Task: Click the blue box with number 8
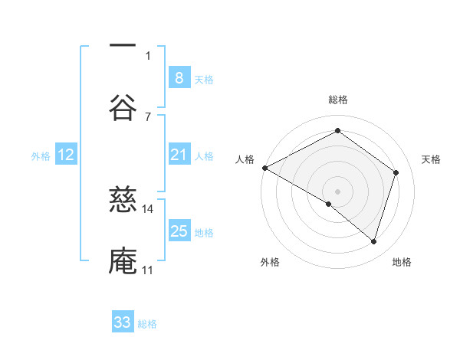[x=179, y=77]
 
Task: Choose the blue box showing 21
[x=179, y=155]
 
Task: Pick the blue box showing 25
[x=179, y=231]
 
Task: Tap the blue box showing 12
[x=66, y=155]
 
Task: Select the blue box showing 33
[x=123, y=322]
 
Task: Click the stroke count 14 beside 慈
[x=148, y=208]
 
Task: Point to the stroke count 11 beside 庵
[x=147, y=270]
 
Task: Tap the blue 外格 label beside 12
[x=41, y=156]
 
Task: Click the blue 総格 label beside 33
[x=147, y=324]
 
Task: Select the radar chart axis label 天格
[x=431, y=159]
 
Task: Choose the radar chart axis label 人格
[x=245, y=159]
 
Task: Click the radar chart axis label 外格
[x=270, y=263]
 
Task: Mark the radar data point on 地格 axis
[x=373, y=242]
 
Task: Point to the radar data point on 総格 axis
[x=337, y=131]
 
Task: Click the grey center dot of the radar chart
[x=337, y=191]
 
